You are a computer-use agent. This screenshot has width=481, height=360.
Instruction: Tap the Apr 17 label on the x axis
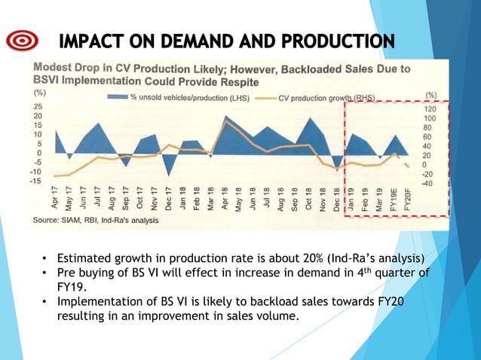coord(56,199)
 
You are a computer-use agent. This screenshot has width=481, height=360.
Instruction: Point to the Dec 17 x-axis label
coord(170,199)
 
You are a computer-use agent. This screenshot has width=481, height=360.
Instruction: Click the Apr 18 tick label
coord(225,199)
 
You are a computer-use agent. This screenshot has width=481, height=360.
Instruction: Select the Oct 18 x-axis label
coord(309,199)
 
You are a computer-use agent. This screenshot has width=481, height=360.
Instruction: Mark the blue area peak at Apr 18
coord(225,117)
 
